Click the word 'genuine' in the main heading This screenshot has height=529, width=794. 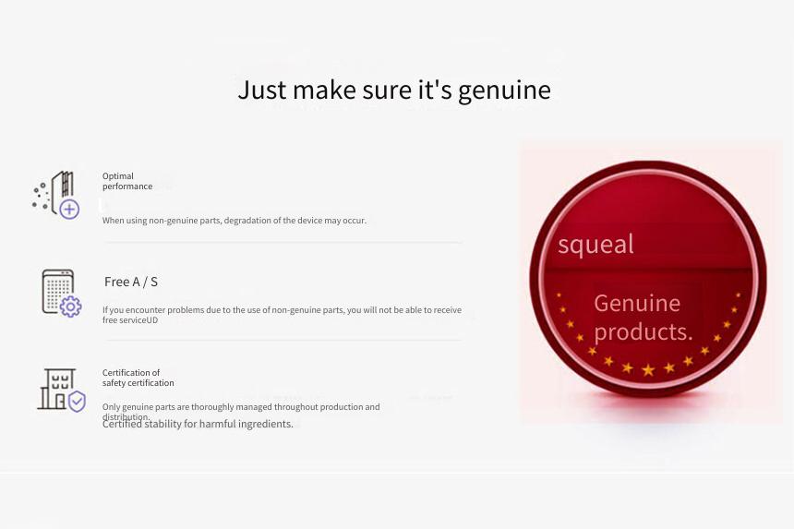click(504, 91)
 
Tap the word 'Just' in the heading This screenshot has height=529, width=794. click(262, 90)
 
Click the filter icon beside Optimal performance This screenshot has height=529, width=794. click(55, 195)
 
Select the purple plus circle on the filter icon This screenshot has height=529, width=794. click(69, 209)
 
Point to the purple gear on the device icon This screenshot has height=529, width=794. click(70, 307)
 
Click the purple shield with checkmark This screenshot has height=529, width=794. click(77, 402)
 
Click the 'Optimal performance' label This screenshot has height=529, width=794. click(127, 181)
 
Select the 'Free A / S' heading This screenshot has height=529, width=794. click(131, 282)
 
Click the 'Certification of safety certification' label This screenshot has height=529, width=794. click(138, 378)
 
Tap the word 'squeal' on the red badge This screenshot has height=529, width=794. click(595, 244)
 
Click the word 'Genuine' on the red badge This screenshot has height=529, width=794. click(637, 304)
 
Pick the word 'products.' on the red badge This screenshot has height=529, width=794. click(644, 332)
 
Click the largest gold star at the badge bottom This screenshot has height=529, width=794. click(648, 370)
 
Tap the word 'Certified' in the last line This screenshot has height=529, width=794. click(122, 424)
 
